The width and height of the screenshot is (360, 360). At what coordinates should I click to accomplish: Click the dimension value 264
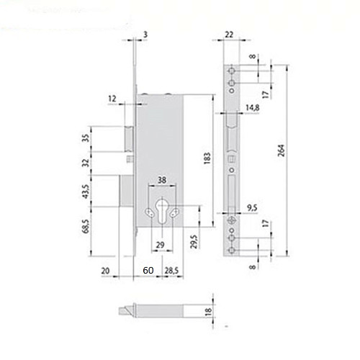282,150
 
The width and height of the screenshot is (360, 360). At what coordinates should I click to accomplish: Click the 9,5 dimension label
253,208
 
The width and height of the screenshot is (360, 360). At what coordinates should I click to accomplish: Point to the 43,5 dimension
86,191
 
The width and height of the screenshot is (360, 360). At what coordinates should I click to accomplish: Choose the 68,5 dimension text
86,228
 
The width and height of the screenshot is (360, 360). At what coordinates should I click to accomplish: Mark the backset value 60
147,271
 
